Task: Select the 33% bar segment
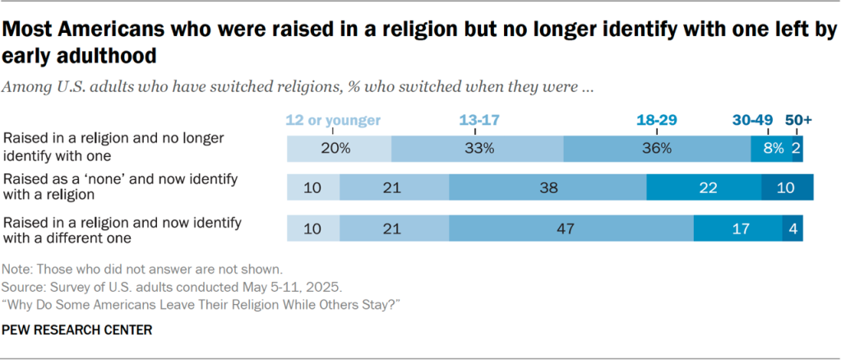pos(477,149)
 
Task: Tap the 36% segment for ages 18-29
pos(657,149)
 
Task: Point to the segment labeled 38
pos(548,188)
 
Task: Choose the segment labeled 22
pos(704,188)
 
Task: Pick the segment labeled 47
pos(571,228)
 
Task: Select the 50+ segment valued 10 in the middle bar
pos(787,188)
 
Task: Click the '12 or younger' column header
pos(333,120)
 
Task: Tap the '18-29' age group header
pos(656,120)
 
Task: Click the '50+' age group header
pos(797,120)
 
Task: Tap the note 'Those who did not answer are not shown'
pos(143,269)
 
